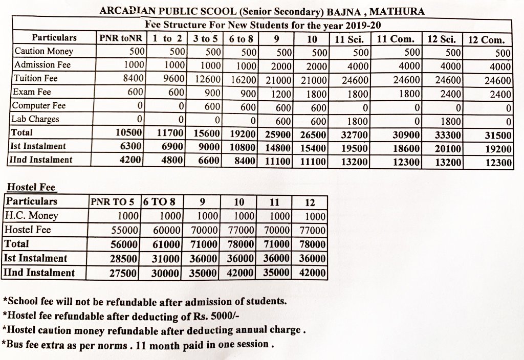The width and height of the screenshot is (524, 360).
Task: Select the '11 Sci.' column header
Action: click(x=350, y=38)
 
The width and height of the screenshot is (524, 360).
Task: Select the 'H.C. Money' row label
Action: click(x=31, y=215)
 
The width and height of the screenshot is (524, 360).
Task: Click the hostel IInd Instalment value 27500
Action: click(x=124, y=273)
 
